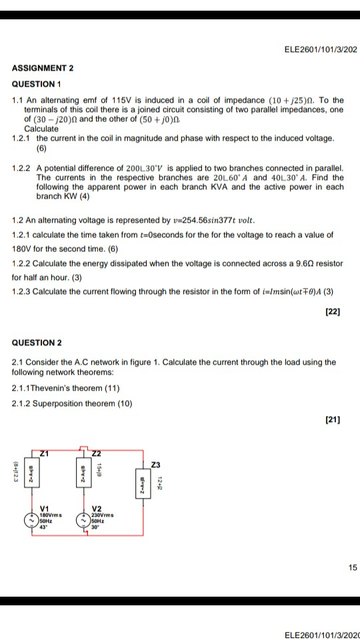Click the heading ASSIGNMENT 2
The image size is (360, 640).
[43, 69]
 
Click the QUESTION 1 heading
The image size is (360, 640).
[37, 84]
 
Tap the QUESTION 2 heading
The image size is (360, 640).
[37, 343]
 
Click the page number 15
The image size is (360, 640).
[352, 567]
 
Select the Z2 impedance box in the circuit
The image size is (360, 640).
[83, 475]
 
